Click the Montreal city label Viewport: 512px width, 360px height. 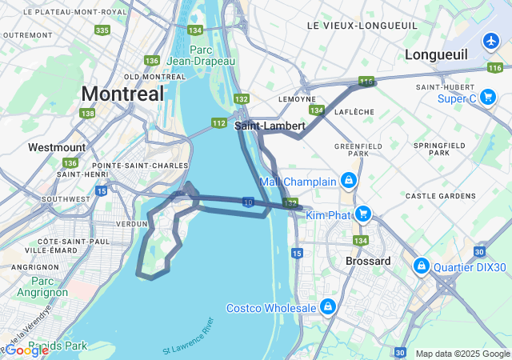pyautogui.click(x=122, y=93)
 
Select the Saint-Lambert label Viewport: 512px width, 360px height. pyautogui.click(x=270, y=126)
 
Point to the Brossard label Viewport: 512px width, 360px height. pyautogui.click(x=368, y=261)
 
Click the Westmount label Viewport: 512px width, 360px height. pyautogui.click(x=56, y=147)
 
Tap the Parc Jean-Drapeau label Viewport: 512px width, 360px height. pyautogui.click(x=190, y=55)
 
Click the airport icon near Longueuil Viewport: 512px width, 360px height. pyautogui.click(x=491, y=40)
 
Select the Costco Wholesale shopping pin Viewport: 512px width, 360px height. pyautogui.click(x=327, y=306)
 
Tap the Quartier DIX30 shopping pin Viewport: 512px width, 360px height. pyautogui.click(x=421, y=265)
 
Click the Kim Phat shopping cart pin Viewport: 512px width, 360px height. pyautogui.click(x=363, y=214)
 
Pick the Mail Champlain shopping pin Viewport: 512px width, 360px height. pyautogui.click(x=349, y=180)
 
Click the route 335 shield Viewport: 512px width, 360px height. pyautogui.click(x=102, y=30)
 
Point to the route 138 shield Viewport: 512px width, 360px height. pyautogui.click(x=87, y=114)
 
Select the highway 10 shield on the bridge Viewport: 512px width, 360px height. pyautogui.click(x=250, y=202)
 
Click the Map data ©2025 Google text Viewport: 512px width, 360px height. pyautogui.click(x=462, y=354)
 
